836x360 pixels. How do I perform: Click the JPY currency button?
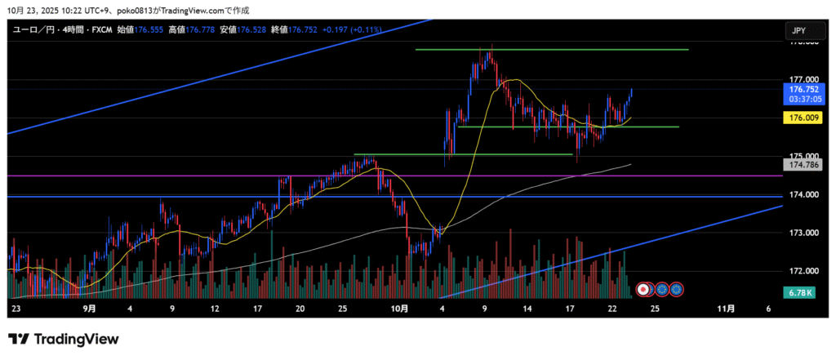pyautogui.click(x=799, y=31)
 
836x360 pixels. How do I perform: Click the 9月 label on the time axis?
pyautogui.click(x=90, y=309)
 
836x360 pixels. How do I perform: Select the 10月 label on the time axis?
pyautogui.click(x=399, y=309)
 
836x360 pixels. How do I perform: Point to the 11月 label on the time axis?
pyautogui.click(x=725, y=309)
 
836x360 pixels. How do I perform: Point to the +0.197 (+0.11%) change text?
pyautogui.click(x=351, y=30)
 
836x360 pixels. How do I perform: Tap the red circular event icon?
pyautogui.click(x=643, y=288)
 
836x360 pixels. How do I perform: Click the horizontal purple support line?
pyautogui.click(x=245, y=176)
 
